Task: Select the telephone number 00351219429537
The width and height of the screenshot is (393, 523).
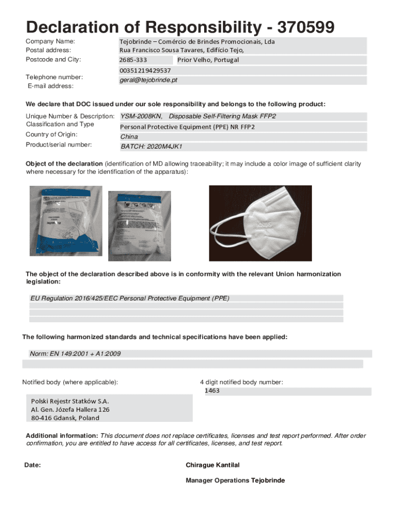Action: (x=145, y=70)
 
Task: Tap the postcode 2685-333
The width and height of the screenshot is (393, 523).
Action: (x=133, y=60)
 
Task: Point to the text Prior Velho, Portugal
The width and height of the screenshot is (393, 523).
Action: (x=208, y=60)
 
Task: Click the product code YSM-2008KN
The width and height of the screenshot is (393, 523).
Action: (x=141, y=116)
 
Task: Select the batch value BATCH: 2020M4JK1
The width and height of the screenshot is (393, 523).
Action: (x=151, y=147)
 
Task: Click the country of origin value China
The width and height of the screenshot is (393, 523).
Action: (x=129, y=137)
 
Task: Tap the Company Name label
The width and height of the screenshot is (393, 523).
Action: (x=51, y=41)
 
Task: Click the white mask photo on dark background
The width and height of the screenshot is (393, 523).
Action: (x=260, y=223)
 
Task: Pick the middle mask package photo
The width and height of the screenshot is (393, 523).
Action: (x=139, y=220)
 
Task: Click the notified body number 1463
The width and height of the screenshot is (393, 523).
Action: (x=212, y=391)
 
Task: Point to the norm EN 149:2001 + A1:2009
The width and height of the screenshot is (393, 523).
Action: (x=76, y=353)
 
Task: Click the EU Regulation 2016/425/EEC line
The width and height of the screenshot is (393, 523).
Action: (x=130, y=298)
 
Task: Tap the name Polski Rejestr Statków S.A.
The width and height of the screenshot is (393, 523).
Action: (x=70, y=401)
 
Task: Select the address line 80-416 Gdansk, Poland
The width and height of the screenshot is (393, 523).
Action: (x=65, y=417)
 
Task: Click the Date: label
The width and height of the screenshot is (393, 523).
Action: (x=33, y=465)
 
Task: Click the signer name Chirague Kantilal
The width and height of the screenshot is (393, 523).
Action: (x=212, y=465)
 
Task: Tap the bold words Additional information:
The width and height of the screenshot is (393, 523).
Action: (x=62, y=436)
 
